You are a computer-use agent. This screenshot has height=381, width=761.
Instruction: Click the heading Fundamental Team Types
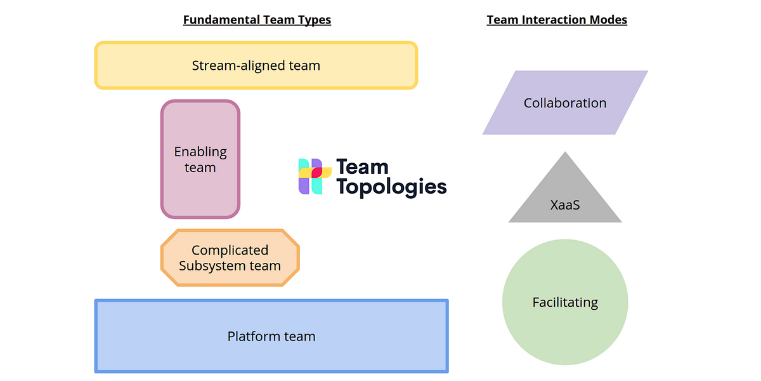point(257,20)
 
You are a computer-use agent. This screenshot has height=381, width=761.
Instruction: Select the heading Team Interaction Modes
point(557,20)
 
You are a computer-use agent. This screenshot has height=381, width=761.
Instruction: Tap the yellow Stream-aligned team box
point(256,65)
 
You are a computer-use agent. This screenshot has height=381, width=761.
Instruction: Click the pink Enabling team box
point(200,159)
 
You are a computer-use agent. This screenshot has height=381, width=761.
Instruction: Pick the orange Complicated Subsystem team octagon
point(230,258)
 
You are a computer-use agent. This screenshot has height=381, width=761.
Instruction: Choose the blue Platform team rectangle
point(271,336)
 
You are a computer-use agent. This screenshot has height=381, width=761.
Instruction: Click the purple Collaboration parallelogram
point(565,103)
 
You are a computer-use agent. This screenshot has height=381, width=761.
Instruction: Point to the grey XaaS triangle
point(565,197)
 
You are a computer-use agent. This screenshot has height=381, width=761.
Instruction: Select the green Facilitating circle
point(565,302)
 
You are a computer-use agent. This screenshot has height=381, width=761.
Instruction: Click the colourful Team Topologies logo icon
point(315,176)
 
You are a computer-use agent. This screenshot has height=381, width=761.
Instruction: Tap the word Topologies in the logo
point(391,187)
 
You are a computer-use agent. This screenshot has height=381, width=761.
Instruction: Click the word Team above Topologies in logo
point(361,167)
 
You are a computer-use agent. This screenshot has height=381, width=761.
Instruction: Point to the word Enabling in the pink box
point(200,152)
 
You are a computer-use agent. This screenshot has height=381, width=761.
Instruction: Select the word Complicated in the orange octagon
point(230,250)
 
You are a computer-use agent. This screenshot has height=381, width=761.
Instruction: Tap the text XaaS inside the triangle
point(565,205)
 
